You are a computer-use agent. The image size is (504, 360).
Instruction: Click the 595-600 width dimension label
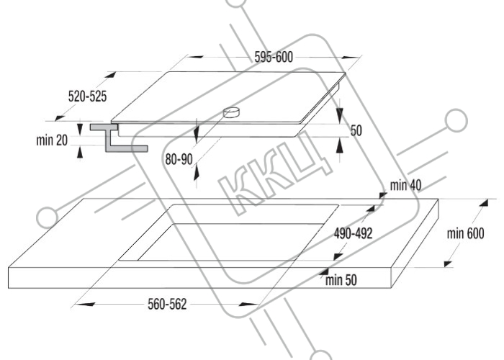(274, 57)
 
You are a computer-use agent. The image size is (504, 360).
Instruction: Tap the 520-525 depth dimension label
(87, 96)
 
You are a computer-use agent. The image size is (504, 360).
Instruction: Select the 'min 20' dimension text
(52, 140)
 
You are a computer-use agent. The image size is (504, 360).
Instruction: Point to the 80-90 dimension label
(179, 159)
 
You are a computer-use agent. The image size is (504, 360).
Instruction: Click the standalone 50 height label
(356, 130)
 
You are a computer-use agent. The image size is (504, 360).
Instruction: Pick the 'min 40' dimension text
(405, 185)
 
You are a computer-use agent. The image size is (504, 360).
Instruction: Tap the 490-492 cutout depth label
(353, 234)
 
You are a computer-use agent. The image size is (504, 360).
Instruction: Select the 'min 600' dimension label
(465, 234)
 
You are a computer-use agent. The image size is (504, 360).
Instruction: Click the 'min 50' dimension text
(341, 280)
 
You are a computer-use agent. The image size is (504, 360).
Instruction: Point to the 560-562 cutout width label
(167, 304)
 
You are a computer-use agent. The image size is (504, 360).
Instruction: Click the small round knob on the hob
(231, 112)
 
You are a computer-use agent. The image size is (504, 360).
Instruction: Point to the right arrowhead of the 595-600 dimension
(351, 58)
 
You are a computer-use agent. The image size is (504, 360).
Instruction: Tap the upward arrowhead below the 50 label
(339, 146)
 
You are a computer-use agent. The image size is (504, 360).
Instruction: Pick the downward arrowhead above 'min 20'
(80, 128)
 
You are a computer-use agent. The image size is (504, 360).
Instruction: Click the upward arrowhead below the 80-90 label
(196, 174)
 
